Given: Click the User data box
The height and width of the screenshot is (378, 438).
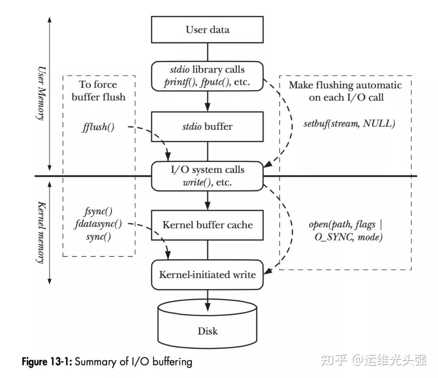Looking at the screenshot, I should pyautogui.click(x=207, y=30).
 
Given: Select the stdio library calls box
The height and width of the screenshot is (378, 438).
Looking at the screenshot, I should pyautogui.click(x=207, y=76).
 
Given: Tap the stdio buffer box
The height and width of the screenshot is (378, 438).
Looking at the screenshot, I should pyautogui.click(x=207, y=127).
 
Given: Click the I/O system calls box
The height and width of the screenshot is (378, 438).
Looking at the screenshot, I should pyautogui.click(x=207, y=176).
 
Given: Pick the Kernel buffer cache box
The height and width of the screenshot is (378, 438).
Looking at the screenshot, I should pyautogui.click(x=207, y=225).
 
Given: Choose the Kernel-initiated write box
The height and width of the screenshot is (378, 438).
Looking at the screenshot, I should pyautogui.click(x=207, y=275).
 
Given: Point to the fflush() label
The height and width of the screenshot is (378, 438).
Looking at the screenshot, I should pyautogui.click(x=98, y=127).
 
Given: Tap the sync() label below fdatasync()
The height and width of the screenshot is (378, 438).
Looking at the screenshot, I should pyautogui.click(x=99, y=236).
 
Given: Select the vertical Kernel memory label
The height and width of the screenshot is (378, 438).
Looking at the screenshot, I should pyautogui.click(x=41, y=232).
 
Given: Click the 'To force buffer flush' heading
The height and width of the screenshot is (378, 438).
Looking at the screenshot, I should pyautogui.click(x=98, y=90).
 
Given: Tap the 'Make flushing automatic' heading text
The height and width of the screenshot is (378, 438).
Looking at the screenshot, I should pyautogui.click(x=345, y=85).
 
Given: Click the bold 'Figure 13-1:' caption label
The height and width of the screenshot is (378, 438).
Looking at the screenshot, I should pyautogui.click(x=47, y=361).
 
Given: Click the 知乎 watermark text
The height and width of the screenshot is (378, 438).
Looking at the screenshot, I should pyautogui.click(x=333, y=359).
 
